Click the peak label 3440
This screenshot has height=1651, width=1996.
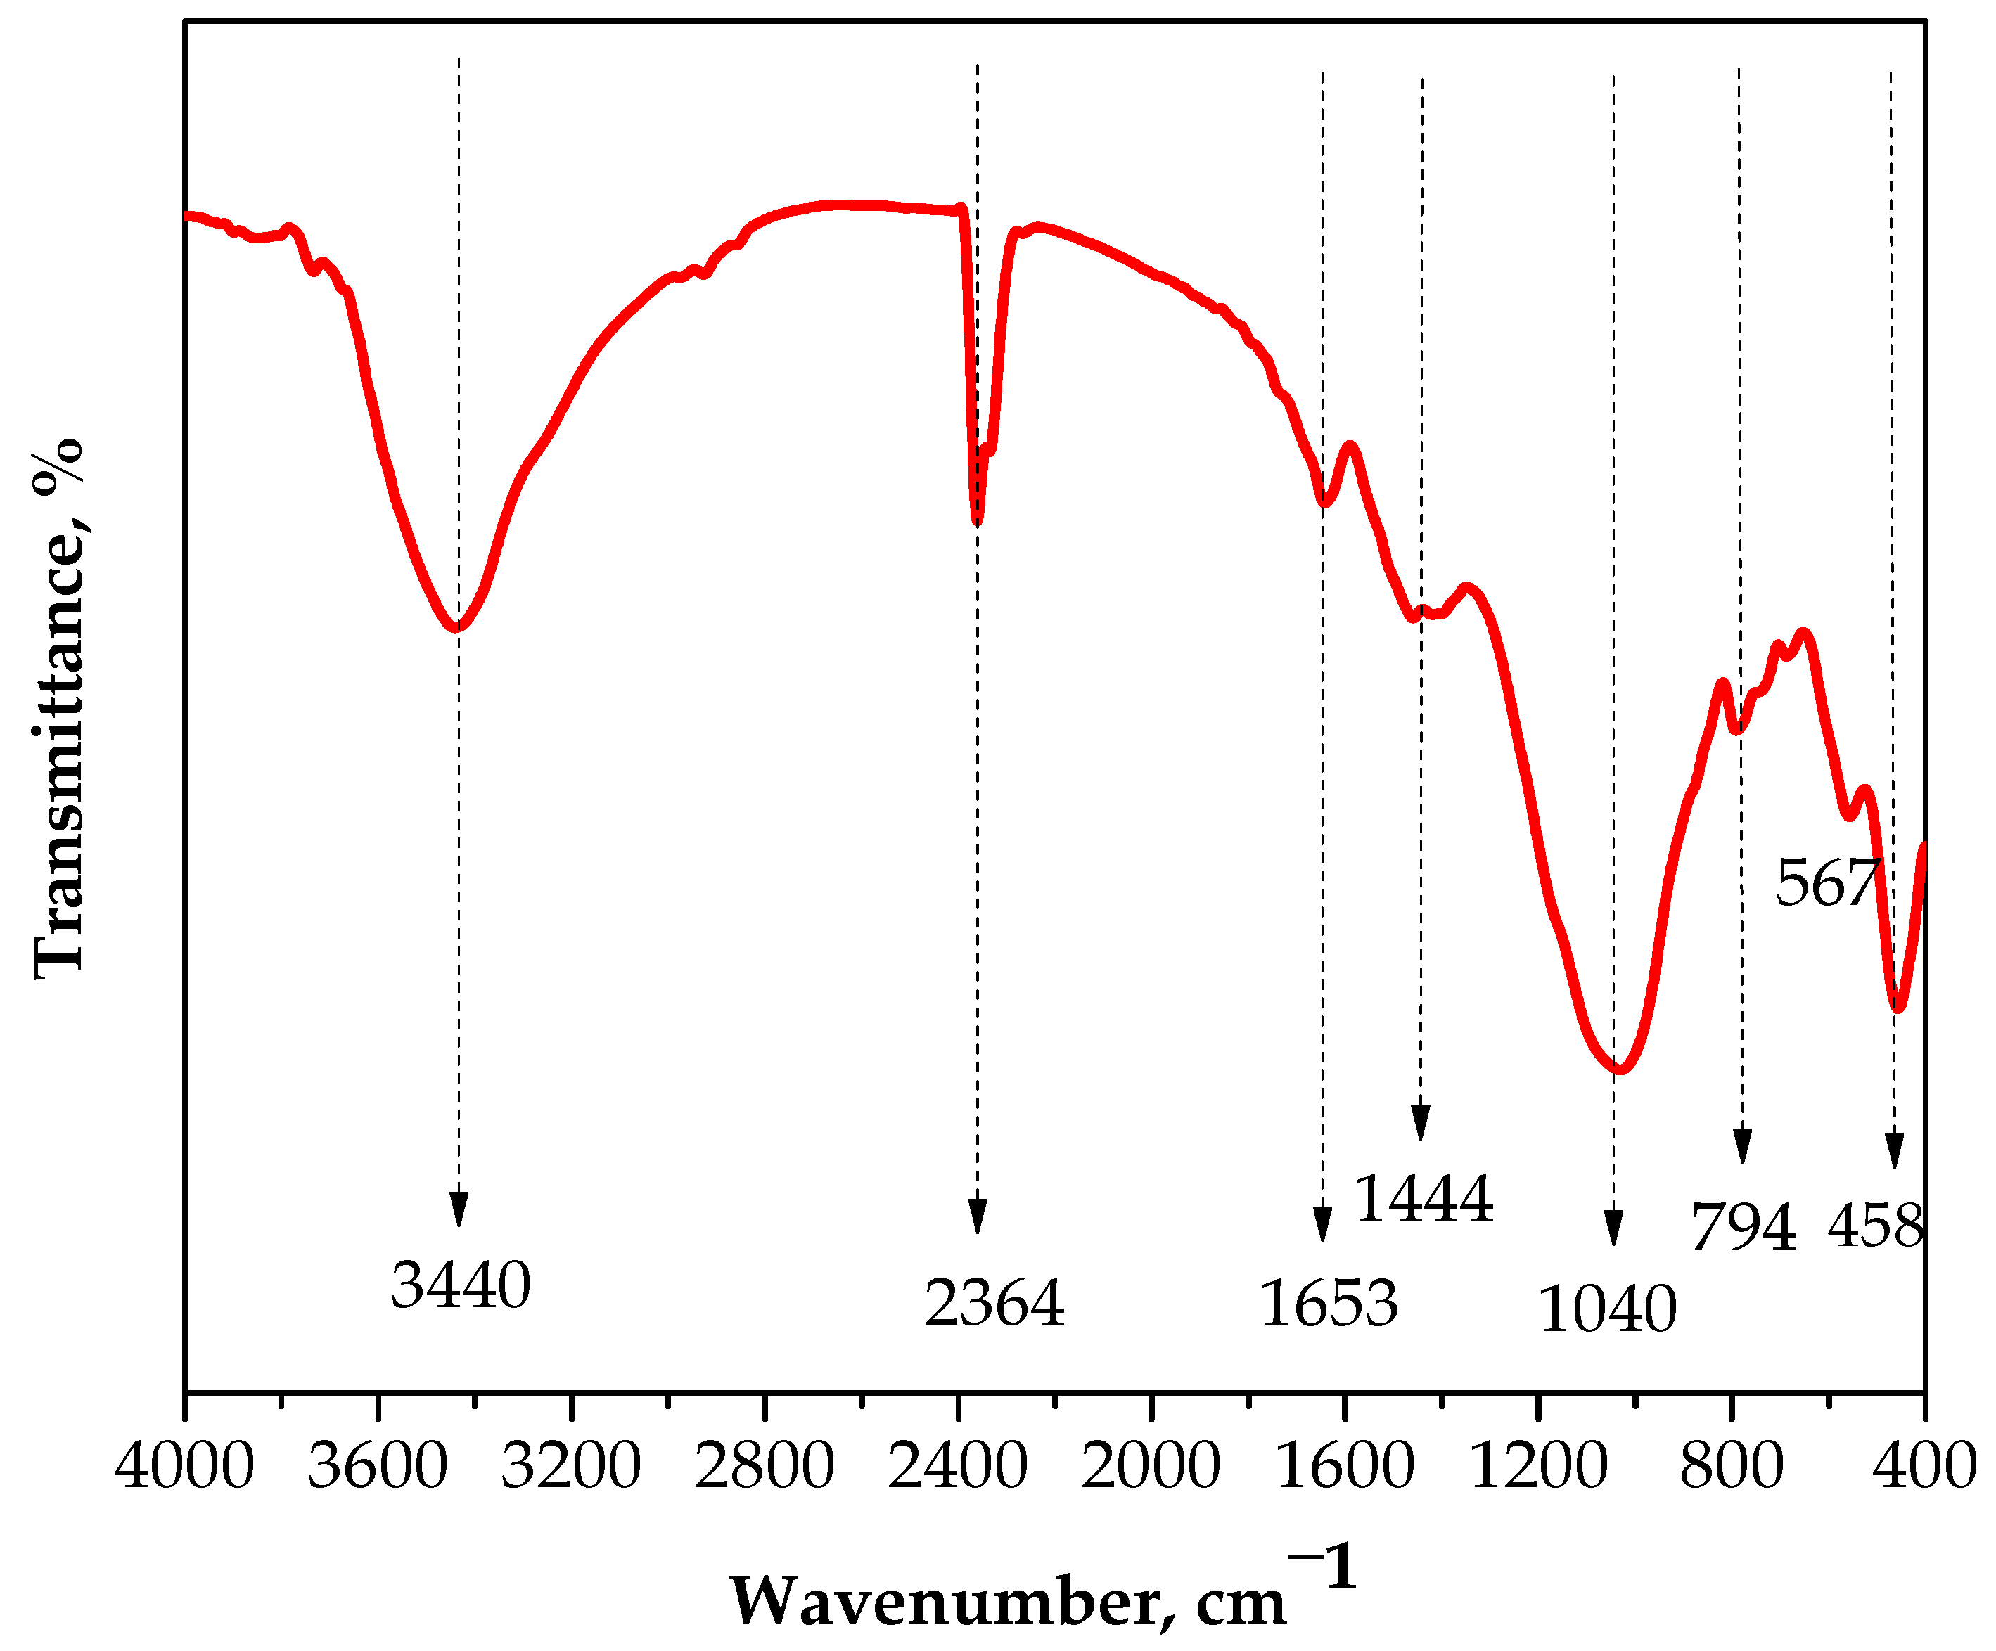[460, 1285]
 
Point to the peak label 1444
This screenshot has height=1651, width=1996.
[1423, 1199]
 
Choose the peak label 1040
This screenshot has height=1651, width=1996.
[1607, 1310]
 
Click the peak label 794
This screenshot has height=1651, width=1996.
[1744, 1227]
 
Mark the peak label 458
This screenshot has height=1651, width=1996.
[1875, 1226]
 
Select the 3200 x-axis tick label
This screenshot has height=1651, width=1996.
[571, 1465]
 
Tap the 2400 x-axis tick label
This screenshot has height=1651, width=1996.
[958, 1465]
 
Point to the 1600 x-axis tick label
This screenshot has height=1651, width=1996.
[1345, 1465]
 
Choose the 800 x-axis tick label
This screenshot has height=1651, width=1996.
[1732, 1465]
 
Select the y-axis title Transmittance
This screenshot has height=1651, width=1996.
[59, 708]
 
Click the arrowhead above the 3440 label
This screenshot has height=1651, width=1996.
[459, 1208]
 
